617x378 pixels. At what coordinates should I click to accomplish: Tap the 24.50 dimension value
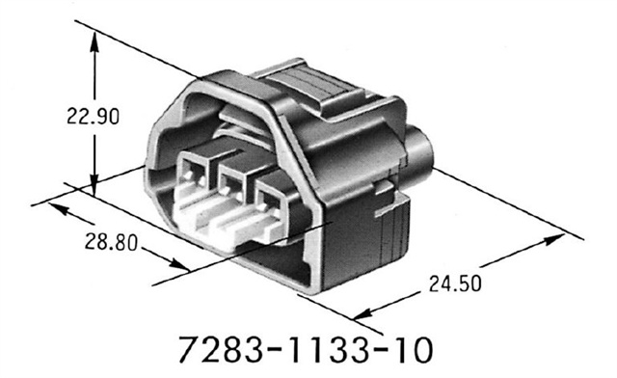[x=452, y=283]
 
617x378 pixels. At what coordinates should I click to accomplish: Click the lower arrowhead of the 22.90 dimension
[x=94, y=185]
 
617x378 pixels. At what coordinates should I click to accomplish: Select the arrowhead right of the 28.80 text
[x=181, y=264]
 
